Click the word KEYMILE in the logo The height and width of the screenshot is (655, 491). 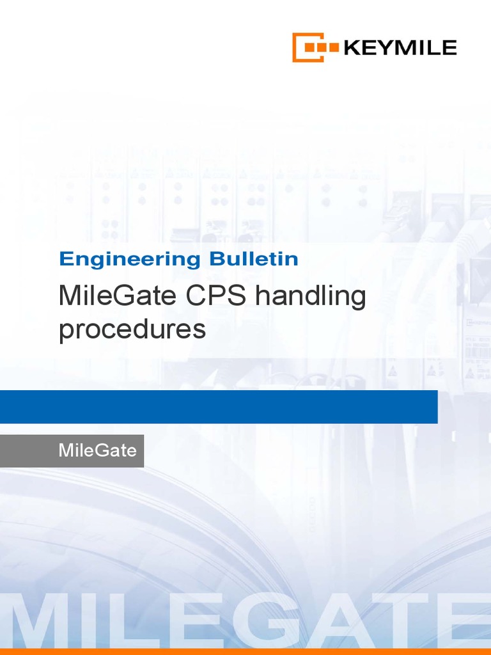(400, 47)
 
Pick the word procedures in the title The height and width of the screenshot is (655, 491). (132, 330)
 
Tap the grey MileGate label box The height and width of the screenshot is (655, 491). (72, 450)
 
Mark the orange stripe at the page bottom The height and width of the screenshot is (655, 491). (245, 652)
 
